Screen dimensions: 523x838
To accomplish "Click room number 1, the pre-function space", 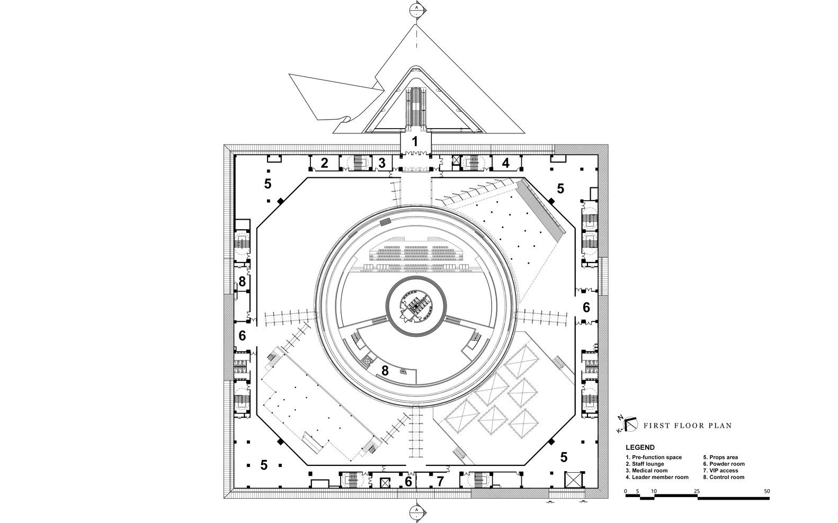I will click(415, 142).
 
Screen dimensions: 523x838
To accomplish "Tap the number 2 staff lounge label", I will click(325, 163).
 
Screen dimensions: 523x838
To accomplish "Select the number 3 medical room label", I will click(381, 163).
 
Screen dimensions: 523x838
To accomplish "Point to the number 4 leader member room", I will click(505, 163).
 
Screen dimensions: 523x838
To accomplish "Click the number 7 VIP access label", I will click(439, 482).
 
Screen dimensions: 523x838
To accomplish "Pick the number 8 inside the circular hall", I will click(385, 371).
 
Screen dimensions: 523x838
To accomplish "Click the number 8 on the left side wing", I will click(242, 282).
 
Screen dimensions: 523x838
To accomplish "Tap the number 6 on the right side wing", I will click(586, 307).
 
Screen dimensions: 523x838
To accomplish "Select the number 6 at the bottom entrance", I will click(408, 482).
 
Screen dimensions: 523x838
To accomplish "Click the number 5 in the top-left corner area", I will click(268, 184).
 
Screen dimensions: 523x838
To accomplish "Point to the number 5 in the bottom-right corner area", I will click(564, 457).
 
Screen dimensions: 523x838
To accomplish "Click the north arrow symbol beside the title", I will click(627, 423).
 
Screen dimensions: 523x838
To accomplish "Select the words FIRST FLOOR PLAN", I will click(687, 425).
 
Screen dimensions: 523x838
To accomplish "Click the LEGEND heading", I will click(640, 447).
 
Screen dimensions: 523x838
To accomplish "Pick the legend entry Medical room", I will click(647, 471).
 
